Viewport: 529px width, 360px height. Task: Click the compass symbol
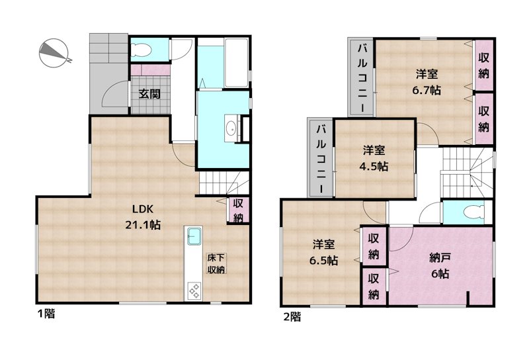(x=54, y=53)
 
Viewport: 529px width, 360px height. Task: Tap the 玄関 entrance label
(x=149, y=93)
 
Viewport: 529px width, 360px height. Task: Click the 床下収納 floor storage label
(x=216, y=263)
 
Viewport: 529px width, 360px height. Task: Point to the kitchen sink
(x=194, y=236)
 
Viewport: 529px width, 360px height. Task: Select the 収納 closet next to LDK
(x=238, y=210)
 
